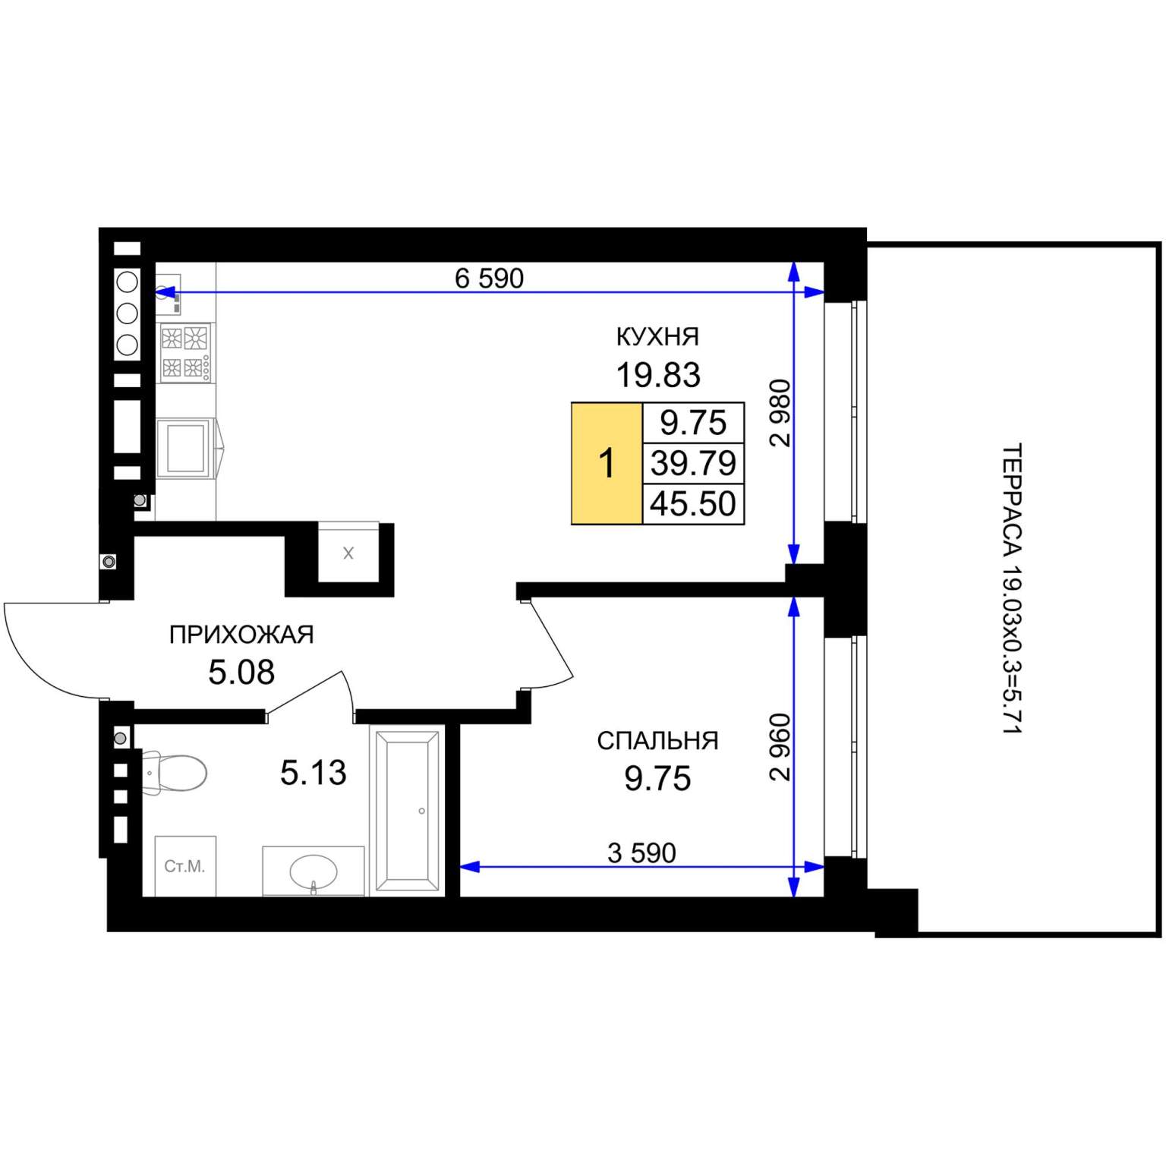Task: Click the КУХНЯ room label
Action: coord(657,336)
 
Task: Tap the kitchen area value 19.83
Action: coord(657,375)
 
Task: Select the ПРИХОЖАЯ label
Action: coord(241,635)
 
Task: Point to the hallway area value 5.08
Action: coord(241,673)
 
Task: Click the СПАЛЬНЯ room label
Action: coord(657,741)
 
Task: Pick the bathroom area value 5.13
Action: coord(314,773)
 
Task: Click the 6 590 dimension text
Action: coord(489,279)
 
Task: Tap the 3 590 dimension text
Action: coord(641,853)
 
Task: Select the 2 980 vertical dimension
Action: coord(780,413)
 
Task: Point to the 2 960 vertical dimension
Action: coord(780,747)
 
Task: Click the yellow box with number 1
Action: coord(607,464)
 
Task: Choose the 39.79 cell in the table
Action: coord(693,463)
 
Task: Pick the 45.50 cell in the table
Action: coord(693,504)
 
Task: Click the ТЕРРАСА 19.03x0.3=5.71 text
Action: coord(1013,588)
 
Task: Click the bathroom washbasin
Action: coord(314,871)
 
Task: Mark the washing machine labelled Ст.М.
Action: coord(185,866)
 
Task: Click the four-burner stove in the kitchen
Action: coord(185,352)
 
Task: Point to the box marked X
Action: coord(348,553)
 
